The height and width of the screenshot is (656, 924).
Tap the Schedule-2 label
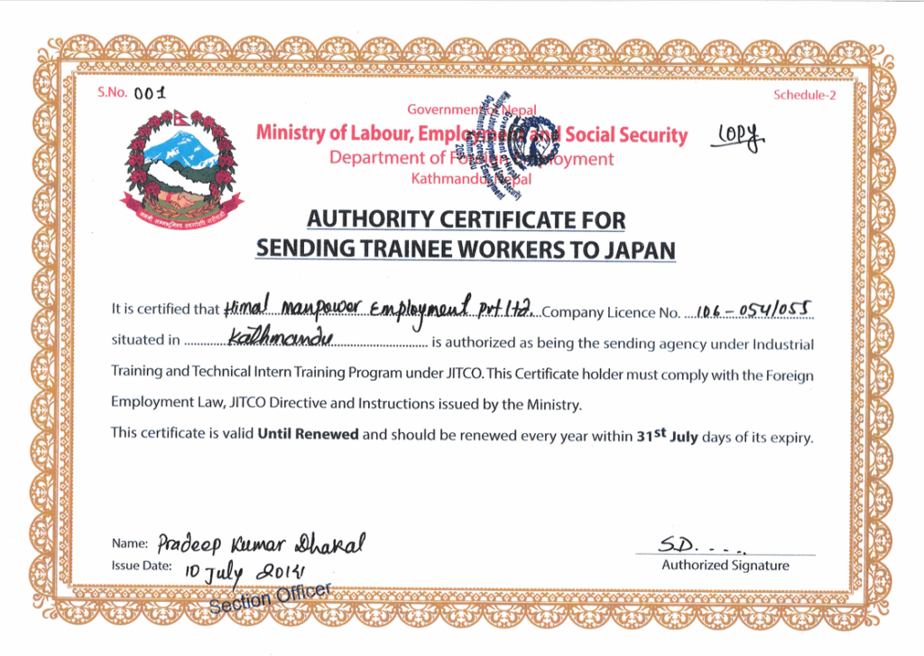point(804,96)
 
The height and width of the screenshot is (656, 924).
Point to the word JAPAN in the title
point(638,249)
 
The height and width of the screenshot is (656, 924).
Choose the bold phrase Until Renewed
point(308,434)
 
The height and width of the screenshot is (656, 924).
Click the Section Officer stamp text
point(271,597)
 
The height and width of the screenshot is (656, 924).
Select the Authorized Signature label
point(725,566)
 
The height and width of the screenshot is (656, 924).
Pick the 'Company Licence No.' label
point(611,312)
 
